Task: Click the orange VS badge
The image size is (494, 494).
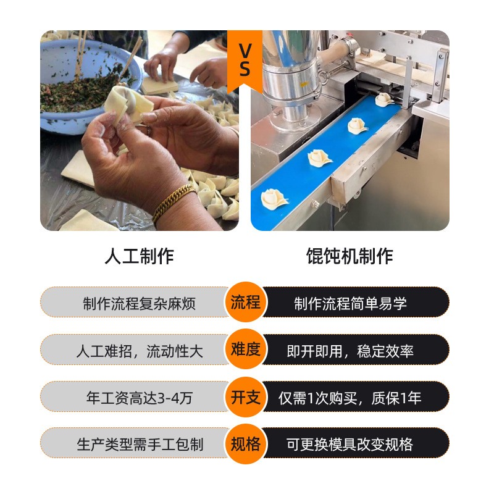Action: point(245,61)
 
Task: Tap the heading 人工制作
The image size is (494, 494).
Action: point(139,256)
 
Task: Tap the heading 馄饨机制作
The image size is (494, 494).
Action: point(350,256)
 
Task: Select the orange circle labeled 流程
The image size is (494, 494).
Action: point(245,303)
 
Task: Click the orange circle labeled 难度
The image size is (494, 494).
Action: point(245,350)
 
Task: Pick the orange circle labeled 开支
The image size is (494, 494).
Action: point(245,397)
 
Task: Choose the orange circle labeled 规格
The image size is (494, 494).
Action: point(245,444)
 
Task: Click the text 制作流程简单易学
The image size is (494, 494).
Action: point(350,304)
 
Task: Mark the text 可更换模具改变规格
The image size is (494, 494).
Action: point(350,445)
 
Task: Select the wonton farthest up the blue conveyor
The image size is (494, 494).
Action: point(384,99)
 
